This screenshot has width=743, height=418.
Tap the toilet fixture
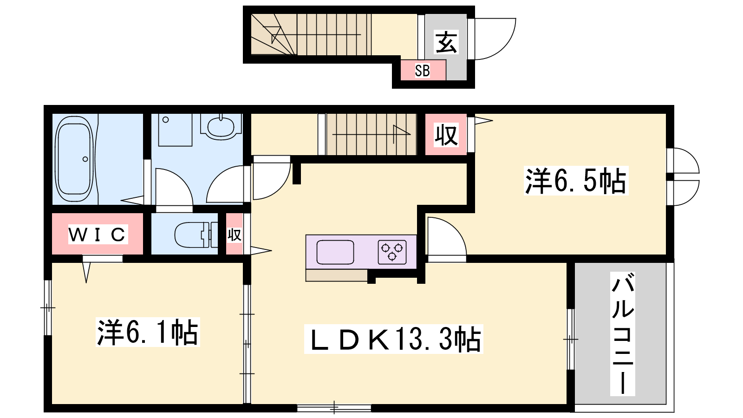pos(196,235)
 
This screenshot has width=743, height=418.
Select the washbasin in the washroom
pos(221,127)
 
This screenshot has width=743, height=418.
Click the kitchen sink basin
pos(335,252)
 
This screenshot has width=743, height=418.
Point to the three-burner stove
pos(392,252)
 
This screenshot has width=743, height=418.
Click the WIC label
pos(98,235)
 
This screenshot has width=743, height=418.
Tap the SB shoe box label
pos(422,71)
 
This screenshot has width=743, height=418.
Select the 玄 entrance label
pos(446,42)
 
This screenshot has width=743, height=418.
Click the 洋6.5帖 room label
pos(576,181)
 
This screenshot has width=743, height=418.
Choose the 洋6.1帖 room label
pos(148,332)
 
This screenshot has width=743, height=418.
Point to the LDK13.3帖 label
pos(394,339)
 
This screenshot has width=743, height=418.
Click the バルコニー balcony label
pos(623,334)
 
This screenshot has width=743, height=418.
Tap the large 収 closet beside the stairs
pos(446,135)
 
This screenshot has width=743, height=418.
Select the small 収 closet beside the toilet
pos(235,235)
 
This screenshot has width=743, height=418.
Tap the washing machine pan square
pos(175,130)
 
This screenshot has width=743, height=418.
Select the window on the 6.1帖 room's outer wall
pos(48,308)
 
